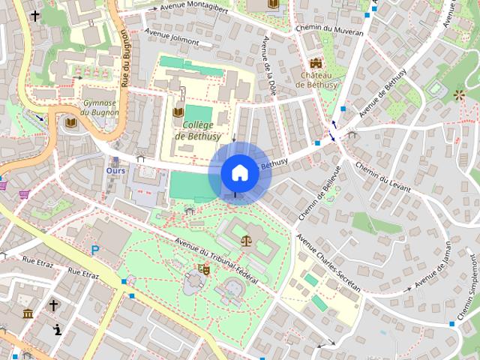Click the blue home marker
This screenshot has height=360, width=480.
pyautogui.click(x=239, y=172)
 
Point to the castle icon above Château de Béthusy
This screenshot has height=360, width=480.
pyautogui.click(x=315, y=64)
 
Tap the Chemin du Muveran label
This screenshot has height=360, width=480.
pyautogui.click(x=337, y=32)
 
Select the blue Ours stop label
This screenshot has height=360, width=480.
pyautogui.click(x=115, y=170)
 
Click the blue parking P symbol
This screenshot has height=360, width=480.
pyautogui.click(x=95, y=250)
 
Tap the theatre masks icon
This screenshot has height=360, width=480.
pyautogui.click(x=203, y=268)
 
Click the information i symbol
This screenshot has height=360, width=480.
pyautogui.click(x=57, y=329)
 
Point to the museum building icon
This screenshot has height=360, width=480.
pyautogui.click(x=28, y=313)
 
